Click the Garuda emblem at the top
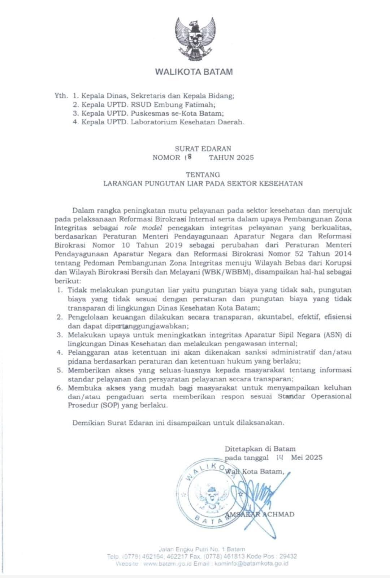(194, 38)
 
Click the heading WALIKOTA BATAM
(194, 72)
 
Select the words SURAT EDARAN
(203, 148)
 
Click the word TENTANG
(203, 174)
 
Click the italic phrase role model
(141, 228)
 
